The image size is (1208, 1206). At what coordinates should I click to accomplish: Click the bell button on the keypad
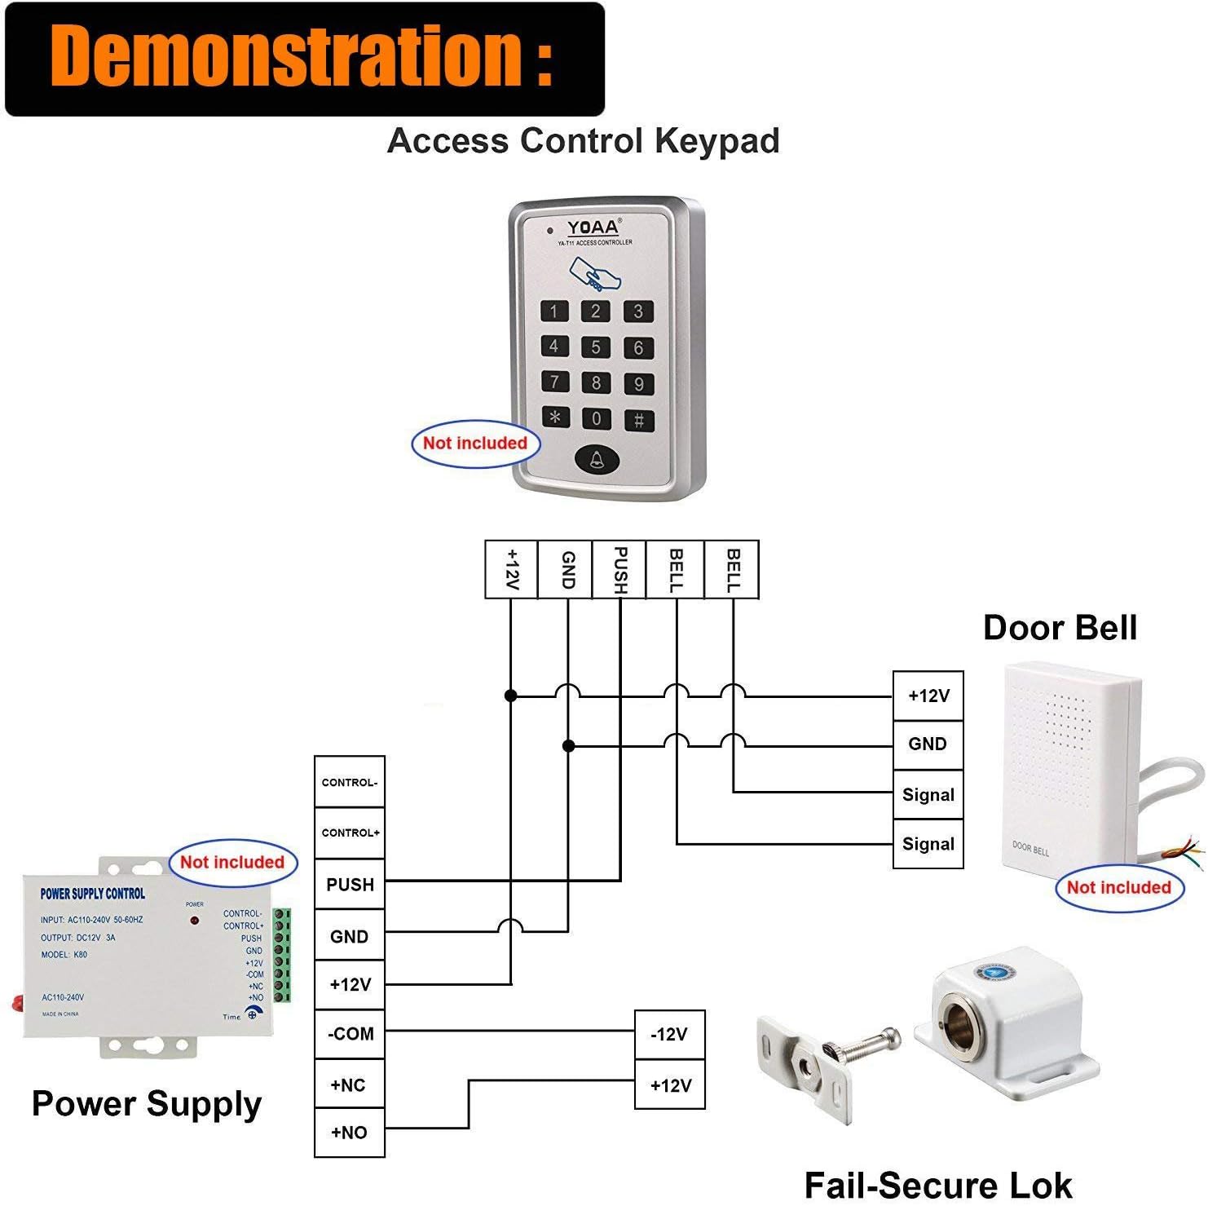[x=597, y=460]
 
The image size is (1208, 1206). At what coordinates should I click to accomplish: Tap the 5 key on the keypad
[x=596, y=347]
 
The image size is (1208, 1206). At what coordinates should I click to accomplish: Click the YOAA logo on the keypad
[x=593, y=228]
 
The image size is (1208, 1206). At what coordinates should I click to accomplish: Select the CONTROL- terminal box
[x=350, y=782]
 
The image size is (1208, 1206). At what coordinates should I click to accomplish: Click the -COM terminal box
[x=350, y=1034]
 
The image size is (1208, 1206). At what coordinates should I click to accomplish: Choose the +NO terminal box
[x=350, y=1132]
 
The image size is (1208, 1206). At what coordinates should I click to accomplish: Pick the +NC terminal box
[x=350, y=1085]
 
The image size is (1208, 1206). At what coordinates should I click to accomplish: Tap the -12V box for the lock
[x=669, y=1035]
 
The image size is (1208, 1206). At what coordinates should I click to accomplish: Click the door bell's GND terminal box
[x=928, y=744]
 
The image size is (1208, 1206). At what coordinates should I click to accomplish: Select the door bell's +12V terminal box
[x=928, y=696]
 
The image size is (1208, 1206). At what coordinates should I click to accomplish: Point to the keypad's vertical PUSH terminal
[x=619, y=569]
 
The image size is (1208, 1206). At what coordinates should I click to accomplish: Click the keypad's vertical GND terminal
[x=567, y=569]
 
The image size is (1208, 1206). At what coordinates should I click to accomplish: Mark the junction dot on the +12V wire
[x=511, y=696]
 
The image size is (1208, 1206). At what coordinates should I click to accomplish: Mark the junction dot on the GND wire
[x=569, y=745]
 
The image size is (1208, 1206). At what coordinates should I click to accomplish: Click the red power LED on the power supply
[x=195, y=920]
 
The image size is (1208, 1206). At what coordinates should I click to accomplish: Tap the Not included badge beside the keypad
[x=475, y=444]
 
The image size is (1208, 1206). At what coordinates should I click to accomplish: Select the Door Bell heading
[x=1060, y=628]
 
